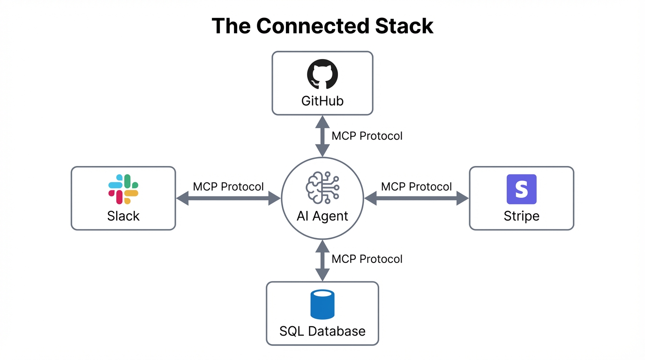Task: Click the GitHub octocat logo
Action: click(322, 74)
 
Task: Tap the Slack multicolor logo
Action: click(123, 189)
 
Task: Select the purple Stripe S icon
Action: click(521, 189)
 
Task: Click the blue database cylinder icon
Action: click(322, 304)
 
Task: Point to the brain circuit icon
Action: click(322, 188)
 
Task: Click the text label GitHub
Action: click(322, 101)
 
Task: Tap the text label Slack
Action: click(123, 216)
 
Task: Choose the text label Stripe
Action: click(521, 216)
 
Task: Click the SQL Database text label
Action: click(322, 331)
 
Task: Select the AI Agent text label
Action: click(322, 216)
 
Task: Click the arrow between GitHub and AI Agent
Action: click(322, 136)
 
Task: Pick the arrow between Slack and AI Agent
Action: click(228, 199)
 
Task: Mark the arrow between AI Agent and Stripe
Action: click(416, 199)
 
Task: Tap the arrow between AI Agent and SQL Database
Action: click(322, 260)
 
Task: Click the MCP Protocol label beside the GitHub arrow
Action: click(367, 136)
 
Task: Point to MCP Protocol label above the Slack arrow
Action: click(228, 187)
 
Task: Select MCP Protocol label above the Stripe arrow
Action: click(416, 187)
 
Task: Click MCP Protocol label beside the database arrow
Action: click(367, 259)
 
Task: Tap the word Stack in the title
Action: click(404, 26)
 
